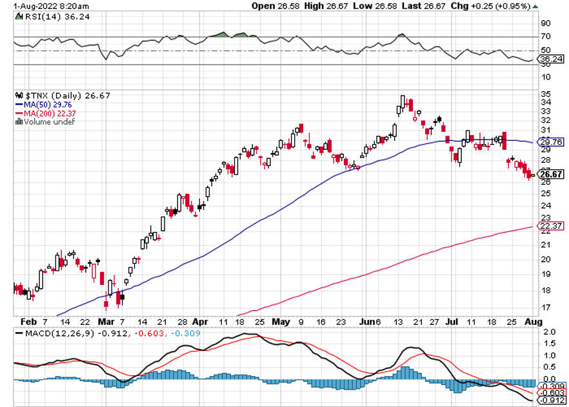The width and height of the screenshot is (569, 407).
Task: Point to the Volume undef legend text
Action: click(x=44, y=121)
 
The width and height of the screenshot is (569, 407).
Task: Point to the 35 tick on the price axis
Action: click(x=545, y=94)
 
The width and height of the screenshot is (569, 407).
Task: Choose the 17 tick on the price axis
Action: click(x=545, y=307)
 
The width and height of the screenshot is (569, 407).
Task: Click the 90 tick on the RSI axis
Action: click(x=545, y=22)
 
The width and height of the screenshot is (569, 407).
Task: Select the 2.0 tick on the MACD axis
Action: click(x=548, y=331)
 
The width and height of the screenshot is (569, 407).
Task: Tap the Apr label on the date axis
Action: click(x=200, y=321)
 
